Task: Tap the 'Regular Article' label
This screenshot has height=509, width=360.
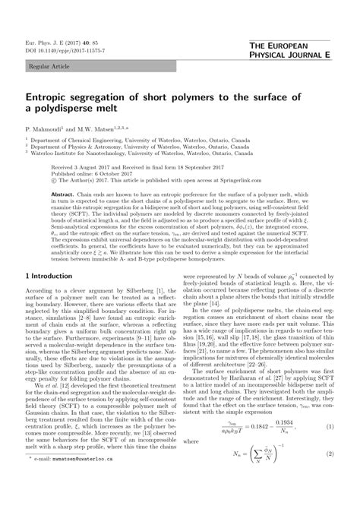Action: pos(47,67)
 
